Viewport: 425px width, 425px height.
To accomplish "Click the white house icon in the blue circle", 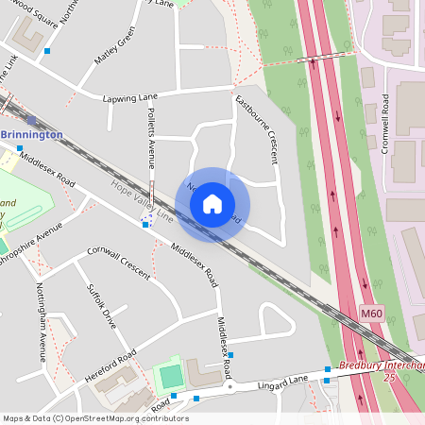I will [x=212, y=204].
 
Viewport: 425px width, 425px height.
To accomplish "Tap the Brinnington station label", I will [x=32, y=134].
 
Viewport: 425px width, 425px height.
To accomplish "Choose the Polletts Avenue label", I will [x=150, y=132].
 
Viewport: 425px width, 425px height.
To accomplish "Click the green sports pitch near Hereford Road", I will [x=171, y=375].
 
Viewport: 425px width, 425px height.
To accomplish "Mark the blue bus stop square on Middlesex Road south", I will [x=230, y=355].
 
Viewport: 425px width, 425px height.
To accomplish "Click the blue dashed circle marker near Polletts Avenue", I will [x=145, y=220].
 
